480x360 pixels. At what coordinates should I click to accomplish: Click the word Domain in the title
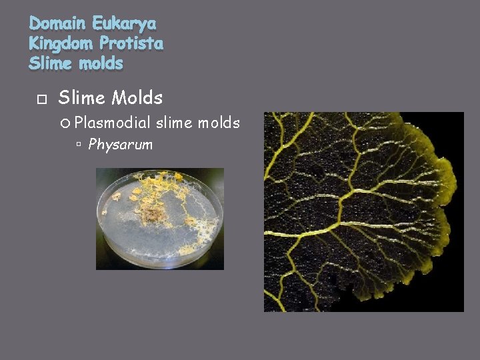pyautogui.click(x=58, y=24)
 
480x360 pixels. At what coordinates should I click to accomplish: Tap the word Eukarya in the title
pyautogui.click(x=125, y=24)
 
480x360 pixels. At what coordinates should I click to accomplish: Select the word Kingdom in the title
pyautogui.click(x=61, y=44)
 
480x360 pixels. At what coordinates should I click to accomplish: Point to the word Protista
pyautogui.click(x=131, y=44)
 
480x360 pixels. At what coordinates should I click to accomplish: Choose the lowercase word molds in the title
pyautogui.click(x=101, y=64)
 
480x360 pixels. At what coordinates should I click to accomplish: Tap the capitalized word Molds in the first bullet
pyautogui.click(x=137, y=98)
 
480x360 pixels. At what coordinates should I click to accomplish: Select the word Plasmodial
pyautogui.click(x=113, y=123)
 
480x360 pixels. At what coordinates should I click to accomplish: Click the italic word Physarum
pyautogui.click(x=121, y=144)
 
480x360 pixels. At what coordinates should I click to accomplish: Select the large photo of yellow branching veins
pyautogui.click(x=363, y=212)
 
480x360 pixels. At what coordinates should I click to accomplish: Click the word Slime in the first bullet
pyautogui.click(x=83, y=98)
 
